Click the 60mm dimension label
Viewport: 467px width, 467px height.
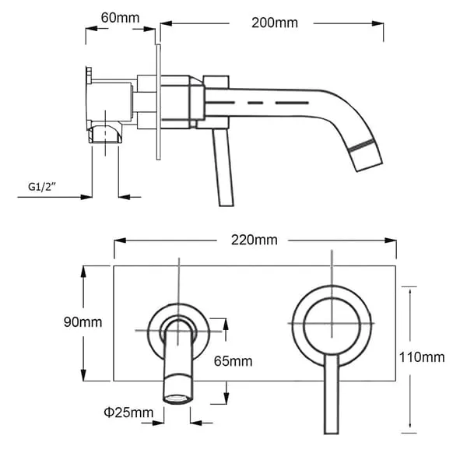point(120,18)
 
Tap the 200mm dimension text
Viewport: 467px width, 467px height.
point(275,23)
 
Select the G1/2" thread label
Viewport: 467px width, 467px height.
point(42,187)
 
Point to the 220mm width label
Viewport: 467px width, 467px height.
point(255,240)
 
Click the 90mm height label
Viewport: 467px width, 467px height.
point(83,322)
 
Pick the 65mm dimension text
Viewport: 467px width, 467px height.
point(233,361)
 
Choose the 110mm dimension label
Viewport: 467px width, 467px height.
point(422,357)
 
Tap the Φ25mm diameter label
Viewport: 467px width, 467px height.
point(128,413)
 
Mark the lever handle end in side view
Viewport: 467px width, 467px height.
point(226,204)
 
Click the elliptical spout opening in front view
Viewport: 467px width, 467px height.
point(177,399)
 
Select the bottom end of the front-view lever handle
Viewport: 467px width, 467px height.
point(332,432)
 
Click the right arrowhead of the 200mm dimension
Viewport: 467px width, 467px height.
point(377,23)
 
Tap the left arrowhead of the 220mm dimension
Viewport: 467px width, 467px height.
point(120,241)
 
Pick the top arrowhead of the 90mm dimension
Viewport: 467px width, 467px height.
point(83,272)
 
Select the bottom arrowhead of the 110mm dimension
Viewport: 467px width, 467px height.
point(410,427)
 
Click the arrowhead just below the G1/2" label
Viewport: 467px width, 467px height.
point(86,197)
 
